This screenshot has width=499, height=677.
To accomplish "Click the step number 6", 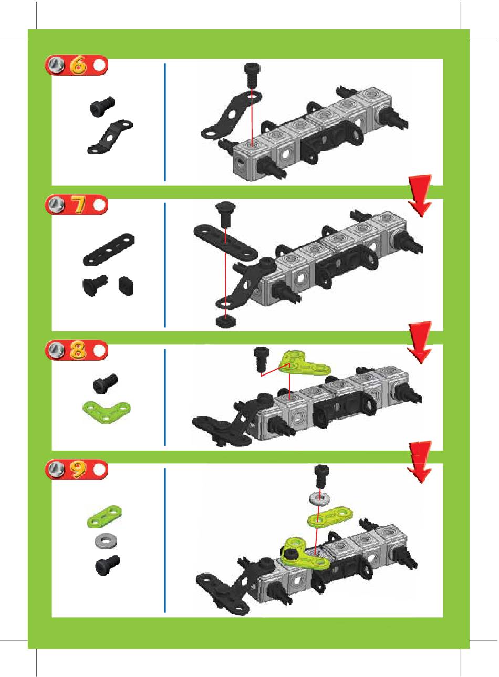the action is [x=78, y=65].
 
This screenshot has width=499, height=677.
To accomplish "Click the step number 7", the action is [x=79, y=205].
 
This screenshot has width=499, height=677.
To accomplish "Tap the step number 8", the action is [x=78, y=350].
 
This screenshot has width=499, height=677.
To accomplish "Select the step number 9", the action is [x=78, y=469].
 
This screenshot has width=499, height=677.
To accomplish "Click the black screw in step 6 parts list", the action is [x=102, y=107].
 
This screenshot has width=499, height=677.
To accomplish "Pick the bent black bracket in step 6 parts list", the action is [x=110, y=137].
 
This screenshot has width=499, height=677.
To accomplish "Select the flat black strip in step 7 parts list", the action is [x=109, y=249].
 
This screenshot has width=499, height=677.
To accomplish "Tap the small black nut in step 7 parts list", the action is [x=126, y=285].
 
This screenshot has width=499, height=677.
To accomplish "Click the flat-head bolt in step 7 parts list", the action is [x=95, y=285].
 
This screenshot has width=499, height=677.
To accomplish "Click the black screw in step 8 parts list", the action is [x=105, y=384].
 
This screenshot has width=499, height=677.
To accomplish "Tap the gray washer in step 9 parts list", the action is [x=106, y=540].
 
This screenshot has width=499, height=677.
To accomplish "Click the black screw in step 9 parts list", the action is [x=107, y=565].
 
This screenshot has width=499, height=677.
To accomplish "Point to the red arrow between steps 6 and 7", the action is [x=420, y=195].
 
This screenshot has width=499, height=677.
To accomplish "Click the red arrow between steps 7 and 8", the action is [x=420, y=342].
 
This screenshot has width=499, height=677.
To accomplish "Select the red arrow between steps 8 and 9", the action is [x=420, y=462].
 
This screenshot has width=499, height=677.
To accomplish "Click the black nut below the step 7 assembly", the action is [x=226, y=321].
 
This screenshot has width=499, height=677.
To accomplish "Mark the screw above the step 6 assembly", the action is [x=252, y=75].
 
